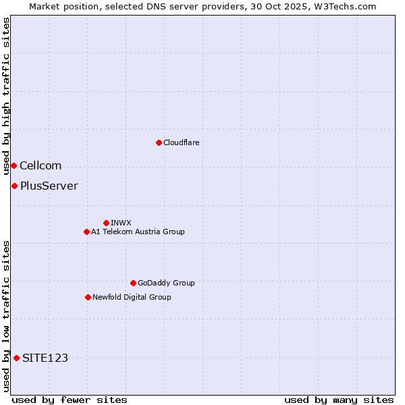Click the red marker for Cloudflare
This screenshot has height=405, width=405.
pos(159,142)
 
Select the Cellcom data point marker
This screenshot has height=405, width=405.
pos(13,165)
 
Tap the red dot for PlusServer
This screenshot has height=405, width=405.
pos(14,186)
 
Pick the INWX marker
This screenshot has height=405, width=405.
pos(106,223)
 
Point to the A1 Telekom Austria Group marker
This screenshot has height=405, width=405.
pos(86,232)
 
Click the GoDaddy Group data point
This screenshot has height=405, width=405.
pos(133,283)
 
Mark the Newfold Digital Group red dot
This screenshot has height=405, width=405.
pos(88,297)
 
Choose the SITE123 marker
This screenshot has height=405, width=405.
pos(16,358)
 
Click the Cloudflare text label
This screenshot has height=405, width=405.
pos(181,142)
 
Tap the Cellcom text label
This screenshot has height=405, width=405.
pos(40,166)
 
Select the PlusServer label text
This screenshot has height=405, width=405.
pos(49,186)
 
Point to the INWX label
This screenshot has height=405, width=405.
pos(121,223)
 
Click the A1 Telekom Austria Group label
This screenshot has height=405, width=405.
pos(138,232)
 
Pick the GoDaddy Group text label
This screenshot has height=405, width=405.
pos(166,283)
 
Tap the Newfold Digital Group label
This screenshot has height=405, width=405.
pos(132,297)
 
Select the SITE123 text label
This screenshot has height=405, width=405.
pos(45,358)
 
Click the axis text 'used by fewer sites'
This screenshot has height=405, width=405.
pos(70,400)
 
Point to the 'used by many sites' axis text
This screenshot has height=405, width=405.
pos(339,400)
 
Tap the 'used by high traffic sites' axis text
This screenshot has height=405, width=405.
pos(6,97)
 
